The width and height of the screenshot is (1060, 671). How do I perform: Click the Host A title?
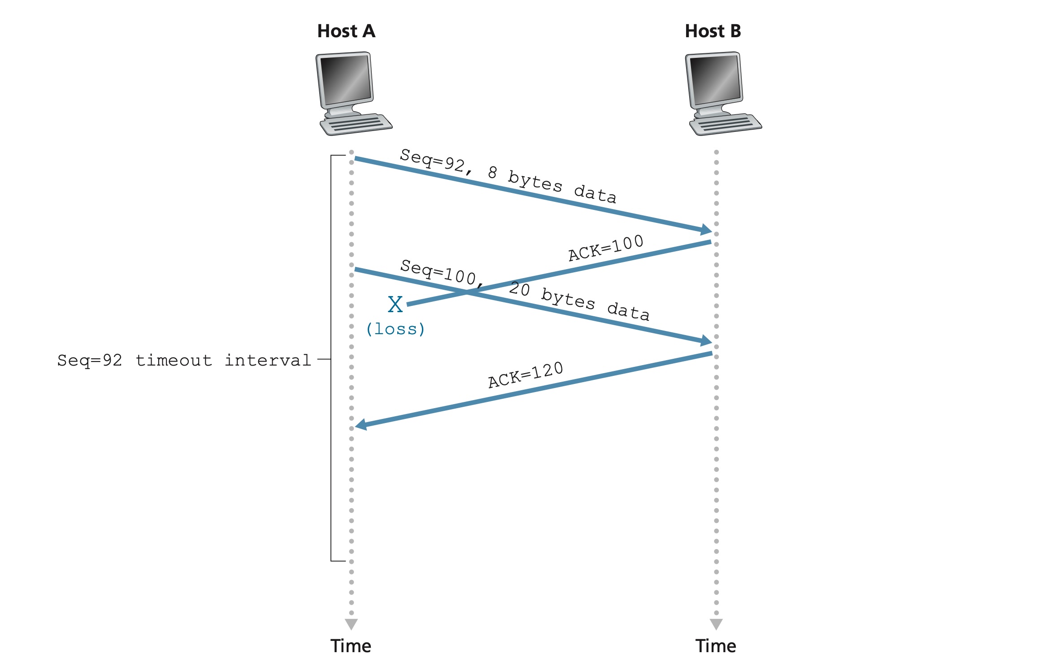(x=346, y=31)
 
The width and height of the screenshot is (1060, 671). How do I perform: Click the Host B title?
(x=712, y=31)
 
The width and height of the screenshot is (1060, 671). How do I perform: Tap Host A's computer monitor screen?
(x=345, y=78)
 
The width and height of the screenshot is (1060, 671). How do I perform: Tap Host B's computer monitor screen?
(x=714, y=78)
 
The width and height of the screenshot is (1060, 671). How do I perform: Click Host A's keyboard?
(x=356, y=124)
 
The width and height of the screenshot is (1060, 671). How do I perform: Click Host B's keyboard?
(x=725, y=124)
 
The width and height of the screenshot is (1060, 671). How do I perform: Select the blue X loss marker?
(x=395, y=305)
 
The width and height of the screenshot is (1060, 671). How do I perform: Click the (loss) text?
(x=395, y=329)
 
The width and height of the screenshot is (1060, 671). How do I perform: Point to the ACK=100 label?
(x=606, y=248)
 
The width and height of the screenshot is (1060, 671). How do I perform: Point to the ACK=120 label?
(x=526, y=375)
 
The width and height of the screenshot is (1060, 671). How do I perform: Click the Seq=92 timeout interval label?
(x=184, y=360)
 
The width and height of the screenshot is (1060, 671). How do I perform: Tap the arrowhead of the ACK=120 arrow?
(x=361, y=424)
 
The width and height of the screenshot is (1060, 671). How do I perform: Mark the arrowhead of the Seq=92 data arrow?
(x=706, y=230)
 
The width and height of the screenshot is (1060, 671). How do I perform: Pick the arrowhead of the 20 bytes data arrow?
(x=706, y=341)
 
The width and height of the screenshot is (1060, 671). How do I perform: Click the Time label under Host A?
(x=351, y=646)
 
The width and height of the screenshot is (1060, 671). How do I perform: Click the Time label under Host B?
(x=716, y=646)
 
